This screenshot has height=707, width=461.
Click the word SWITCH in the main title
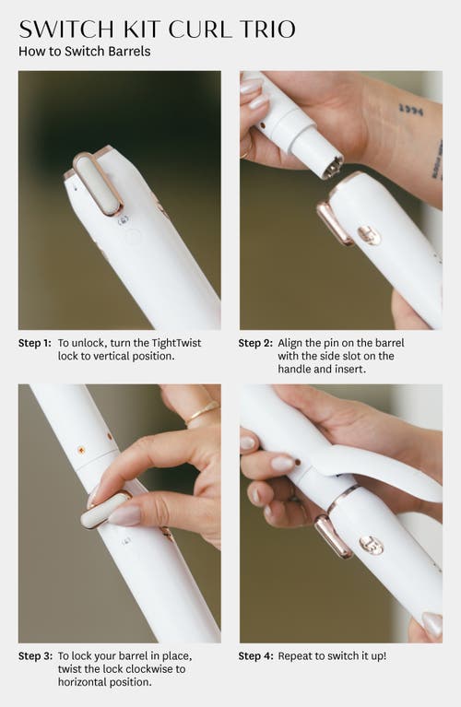click(66, 29)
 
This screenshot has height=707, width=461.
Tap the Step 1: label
click(35, 343)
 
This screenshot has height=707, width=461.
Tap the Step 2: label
click(255, 343)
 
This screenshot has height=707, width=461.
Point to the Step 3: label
click(35, 655)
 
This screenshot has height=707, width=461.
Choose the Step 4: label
click(255, 655)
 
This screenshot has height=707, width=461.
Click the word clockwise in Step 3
click(151, 668)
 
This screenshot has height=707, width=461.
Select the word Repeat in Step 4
click(293, 656)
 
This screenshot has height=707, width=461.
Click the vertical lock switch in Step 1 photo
click(98, 183)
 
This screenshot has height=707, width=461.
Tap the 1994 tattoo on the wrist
click(411, 109)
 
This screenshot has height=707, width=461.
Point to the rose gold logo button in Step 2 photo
click(369, 236)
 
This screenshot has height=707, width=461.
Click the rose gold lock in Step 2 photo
click(335, 223)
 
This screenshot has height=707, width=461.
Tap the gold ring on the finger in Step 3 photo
click(202, 414)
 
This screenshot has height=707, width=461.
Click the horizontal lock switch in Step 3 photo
click(105, 511)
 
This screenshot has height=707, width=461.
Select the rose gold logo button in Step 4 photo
click(372, 546)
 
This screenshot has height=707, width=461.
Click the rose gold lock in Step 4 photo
click(334, 537)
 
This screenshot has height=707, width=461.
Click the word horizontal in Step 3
click(84, 682)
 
